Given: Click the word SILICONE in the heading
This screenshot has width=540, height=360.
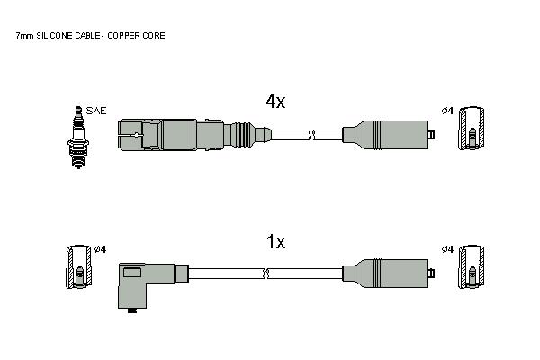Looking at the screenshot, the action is point(54,35).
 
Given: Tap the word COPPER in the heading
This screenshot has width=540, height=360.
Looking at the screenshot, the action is point(121,35).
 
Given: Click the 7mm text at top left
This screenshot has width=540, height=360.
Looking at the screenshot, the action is point(24,35).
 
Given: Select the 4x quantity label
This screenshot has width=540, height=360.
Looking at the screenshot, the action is point(275,101).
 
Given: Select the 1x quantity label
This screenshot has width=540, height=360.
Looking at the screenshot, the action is point(275,241).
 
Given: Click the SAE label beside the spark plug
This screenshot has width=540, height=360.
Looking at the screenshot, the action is point(96,111).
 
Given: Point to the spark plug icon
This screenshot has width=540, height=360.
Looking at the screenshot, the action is point(78,137).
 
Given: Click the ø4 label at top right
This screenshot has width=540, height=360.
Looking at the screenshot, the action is point(447,111).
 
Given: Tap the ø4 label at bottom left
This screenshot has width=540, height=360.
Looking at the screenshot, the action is point(100,249).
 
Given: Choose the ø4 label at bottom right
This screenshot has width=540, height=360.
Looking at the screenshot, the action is point(447,249).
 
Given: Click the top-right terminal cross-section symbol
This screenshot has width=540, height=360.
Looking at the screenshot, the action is point(471,128).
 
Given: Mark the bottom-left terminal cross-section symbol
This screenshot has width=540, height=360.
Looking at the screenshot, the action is point(79,266).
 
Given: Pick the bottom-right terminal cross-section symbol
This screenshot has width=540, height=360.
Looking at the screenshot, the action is point(471,266).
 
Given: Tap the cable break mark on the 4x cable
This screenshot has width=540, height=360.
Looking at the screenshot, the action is point(311,135).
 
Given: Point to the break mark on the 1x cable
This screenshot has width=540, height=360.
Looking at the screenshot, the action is point(265,274).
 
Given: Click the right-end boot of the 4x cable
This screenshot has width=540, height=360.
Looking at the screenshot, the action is point(389,135).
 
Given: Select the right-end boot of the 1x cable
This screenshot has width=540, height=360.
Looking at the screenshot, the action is point(389,274).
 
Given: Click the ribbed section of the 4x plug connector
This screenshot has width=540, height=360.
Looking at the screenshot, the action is point(242,135).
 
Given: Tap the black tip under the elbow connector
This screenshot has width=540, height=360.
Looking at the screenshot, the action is point(132,310).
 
